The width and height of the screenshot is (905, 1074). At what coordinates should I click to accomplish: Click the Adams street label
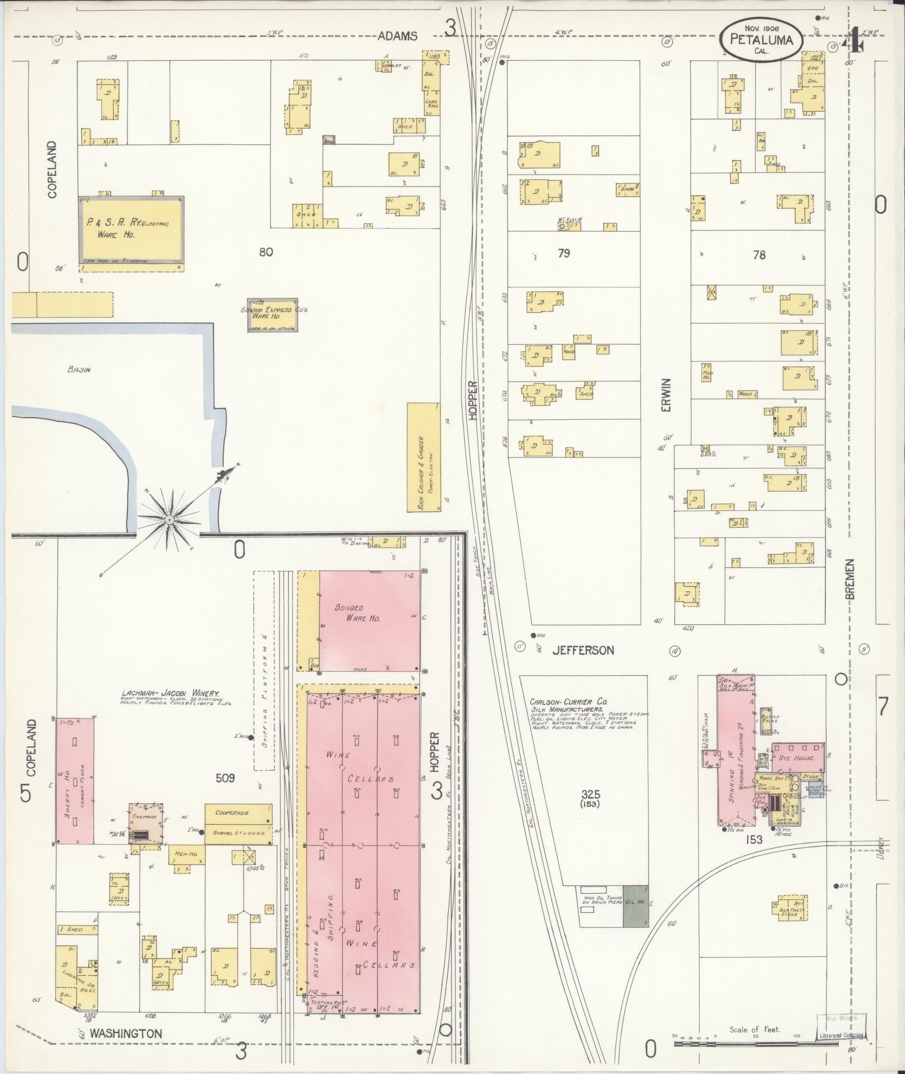(x=397, y=36)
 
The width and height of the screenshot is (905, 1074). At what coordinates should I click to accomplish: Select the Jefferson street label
(x=583, y=650)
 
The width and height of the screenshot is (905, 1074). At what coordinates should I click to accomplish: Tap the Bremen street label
(x=850, y=579)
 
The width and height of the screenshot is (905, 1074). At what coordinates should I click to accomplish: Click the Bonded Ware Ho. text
(x=357, y=613)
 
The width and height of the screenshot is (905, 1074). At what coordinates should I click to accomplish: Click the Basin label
(x=79, y=369)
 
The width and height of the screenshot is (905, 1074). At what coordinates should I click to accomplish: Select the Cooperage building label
(x=235, y=812)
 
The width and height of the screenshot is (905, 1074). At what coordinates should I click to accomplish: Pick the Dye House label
(x=797, y=757)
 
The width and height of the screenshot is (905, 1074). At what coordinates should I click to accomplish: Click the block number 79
(x=564, y=253)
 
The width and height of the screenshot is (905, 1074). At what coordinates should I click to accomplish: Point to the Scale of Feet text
(x=754, y=1030)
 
